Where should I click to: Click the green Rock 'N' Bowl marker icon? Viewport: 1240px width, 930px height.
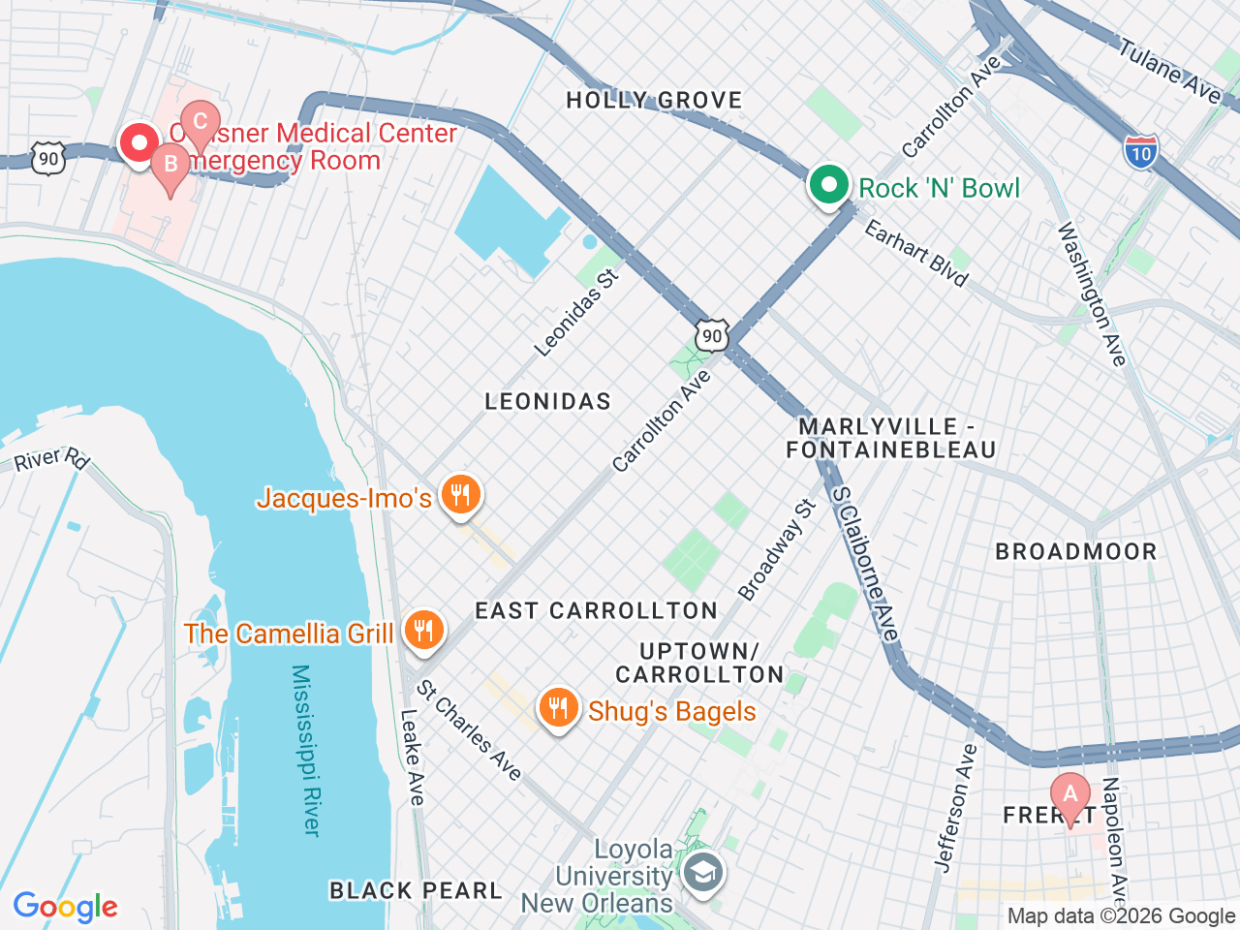coord(828,184)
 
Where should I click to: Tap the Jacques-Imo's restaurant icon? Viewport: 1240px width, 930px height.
coord(460,496)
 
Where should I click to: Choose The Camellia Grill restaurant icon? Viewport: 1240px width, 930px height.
coord(423,632)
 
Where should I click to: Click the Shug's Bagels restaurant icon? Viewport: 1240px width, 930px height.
coord(558,709)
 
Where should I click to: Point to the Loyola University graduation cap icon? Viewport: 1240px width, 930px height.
coord(703,873)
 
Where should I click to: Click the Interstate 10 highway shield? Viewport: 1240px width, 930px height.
coord(1141,153)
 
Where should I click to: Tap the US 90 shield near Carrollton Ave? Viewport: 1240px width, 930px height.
coord(712,336)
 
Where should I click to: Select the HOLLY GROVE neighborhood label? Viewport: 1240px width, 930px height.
coord(654,100)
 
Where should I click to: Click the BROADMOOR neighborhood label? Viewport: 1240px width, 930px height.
coord(1076,552)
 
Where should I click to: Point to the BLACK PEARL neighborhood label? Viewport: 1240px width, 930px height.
coord(416,890)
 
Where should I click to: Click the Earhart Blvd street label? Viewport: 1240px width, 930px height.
coord(915,254)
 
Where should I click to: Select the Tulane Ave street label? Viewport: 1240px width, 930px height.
coord(1170,70)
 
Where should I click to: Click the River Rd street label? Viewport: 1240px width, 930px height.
coord(51,458)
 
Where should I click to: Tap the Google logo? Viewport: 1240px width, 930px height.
coord(66,907)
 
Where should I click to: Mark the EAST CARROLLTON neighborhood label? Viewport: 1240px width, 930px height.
coord(596,610)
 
